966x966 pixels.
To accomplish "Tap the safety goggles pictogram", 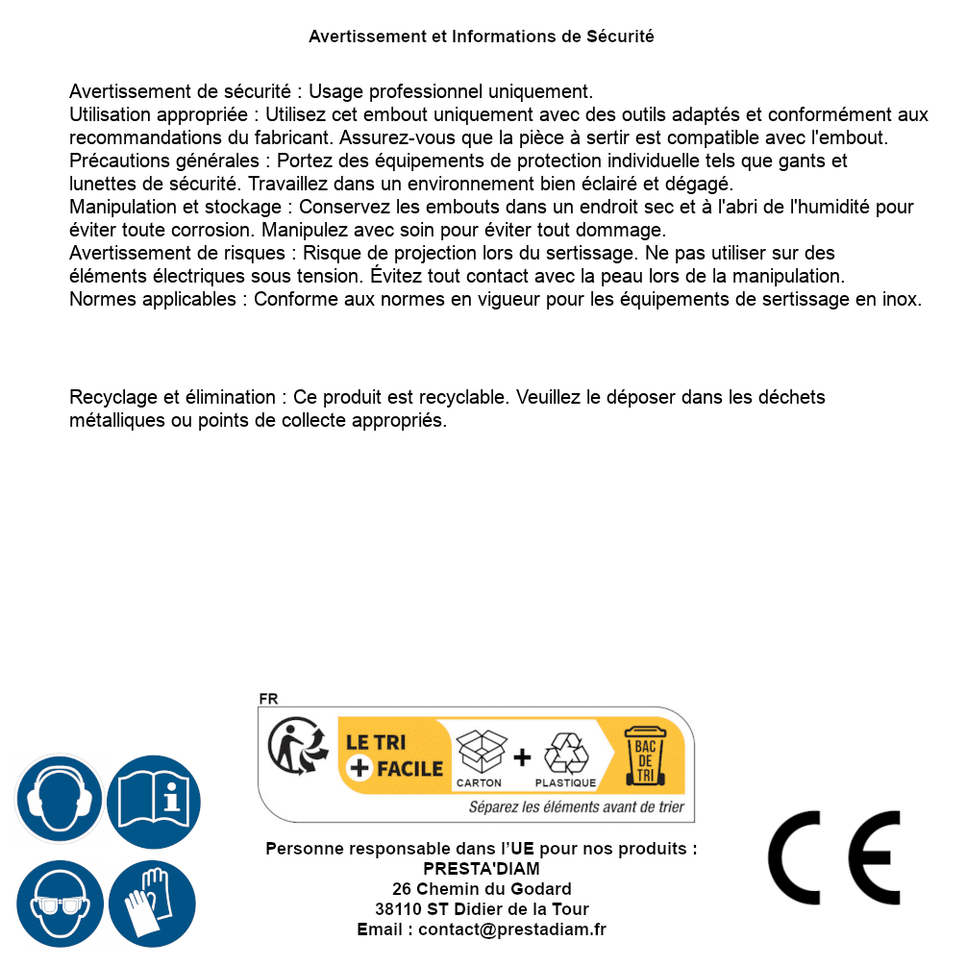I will point(60,904).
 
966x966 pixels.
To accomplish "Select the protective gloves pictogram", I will point(153,904).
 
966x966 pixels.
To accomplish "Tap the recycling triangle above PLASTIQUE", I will point(565,754).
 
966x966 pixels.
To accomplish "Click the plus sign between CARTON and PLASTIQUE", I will point(522,757).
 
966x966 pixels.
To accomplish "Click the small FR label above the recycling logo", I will point(268,699).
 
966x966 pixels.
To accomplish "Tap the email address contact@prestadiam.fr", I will point(511,929).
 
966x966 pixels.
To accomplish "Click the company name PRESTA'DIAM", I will point(482,869).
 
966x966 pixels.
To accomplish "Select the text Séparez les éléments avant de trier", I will point(576,807).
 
